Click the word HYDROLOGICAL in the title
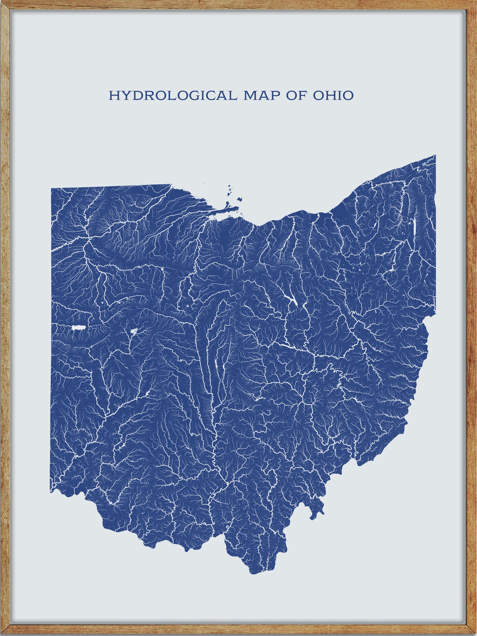pos(171,96)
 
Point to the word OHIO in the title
pos(333,96)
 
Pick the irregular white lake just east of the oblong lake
pos(133,332)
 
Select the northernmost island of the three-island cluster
pos(229,187)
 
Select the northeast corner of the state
pos(435,155)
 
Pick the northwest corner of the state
pos(51,189)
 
